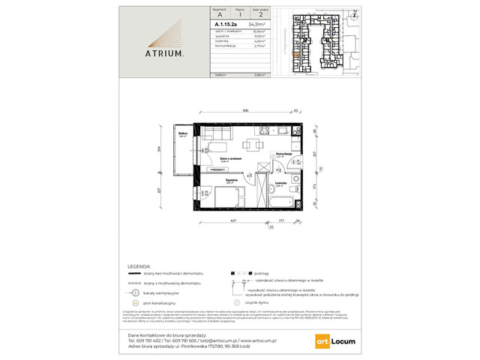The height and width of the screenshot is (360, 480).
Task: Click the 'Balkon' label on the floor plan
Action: (x=183, y=133)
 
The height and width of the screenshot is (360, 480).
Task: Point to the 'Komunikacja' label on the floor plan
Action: (x=283, y=153)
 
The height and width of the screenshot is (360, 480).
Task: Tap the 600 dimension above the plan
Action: (x=246, y=110)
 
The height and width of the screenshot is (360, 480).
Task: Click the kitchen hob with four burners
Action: (x=292, y=133)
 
